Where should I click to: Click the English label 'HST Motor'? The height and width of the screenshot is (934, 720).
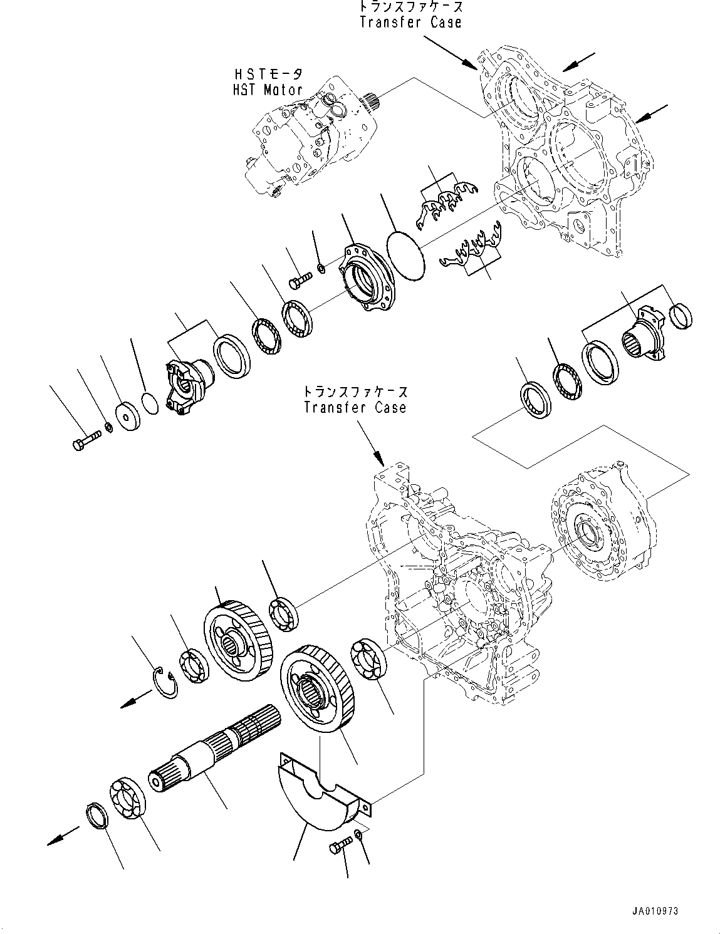coord(266,90)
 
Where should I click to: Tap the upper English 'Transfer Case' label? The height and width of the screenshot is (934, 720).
coord(410,23)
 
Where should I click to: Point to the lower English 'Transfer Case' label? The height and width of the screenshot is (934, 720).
coord(355,407)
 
